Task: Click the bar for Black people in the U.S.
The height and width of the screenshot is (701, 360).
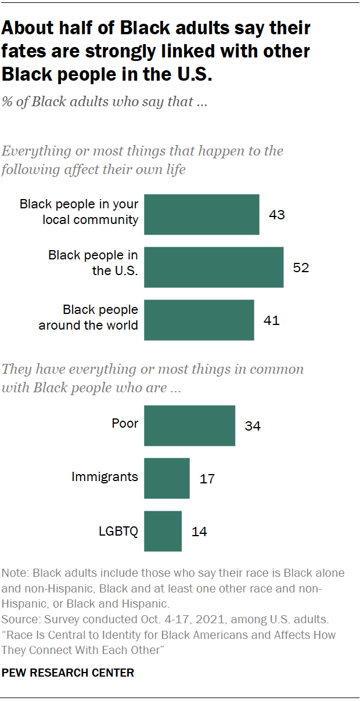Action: point(214,267)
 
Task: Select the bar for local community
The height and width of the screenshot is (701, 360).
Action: point(201,214)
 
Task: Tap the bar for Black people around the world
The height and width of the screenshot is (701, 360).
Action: point(199,320)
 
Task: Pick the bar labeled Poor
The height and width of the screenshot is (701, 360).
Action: point(189,425)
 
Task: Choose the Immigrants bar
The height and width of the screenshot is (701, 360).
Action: point(167,478)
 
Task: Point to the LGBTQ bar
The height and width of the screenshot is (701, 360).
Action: point(163,531)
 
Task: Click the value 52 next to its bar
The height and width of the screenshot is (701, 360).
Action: point(301,268)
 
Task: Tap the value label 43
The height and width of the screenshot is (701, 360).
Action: point(277,215)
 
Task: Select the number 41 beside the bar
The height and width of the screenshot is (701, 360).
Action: point(271,320)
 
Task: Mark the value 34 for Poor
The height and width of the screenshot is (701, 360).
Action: point(253,426)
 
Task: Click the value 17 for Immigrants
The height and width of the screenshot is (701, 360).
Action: point(207,479)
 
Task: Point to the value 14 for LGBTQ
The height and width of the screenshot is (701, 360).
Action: point(199,532)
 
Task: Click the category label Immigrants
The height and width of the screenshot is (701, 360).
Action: point(105,477)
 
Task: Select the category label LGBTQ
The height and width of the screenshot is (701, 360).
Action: point(118,530)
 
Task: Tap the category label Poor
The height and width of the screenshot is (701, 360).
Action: point(125,423)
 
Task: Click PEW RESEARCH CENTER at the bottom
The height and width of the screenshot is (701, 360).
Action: point(69,673)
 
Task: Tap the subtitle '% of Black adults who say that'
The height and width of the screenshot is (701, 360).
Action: point(105,102)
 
